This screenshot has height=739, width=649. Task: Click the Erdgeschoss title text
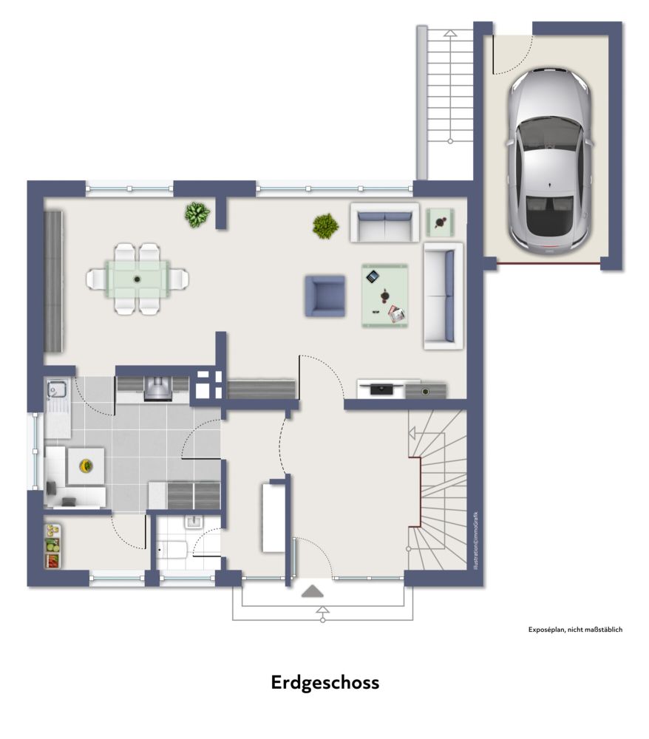click(324, 683)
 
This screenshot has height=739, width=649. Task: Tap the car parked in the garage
click(549, 161)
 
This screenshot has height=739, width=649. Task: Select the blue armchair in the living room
click(324, 296)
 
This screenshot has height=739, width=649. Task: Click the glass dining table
click(137, 279)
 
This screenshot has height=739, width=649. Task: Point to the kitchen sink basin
click(57, 389)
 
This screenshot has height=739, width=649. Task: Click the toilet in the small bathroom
click(171, 550)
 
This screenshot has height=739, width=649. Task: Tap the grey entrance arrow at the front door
click(313, 591)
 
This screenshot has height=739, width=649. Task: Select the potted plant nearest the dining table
click(197, 214)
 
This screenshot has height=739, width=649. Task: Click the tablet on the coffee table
click(373, 276)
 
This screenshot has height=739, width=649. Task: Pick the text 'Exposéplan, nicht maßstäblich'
click(575, 629)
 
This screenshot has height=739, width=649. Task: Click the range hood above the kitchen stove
click(158, 389)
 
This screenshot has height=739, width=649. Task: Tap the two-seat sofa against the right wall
click(443, 296)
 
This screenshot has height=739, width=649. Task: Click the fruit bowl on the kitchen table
click(86, 466)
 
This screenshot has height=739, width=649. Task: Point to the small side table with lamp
click(441, 222)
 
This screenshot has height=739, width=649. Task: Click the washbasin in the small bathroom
click(194, 522)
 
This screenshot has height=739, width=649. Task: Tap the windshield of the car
click(549, 132)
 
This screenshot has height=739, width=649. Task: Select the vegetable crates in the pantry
click(53, 546)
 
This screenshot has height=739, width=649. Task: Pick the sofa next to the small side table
click(384, 222)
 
